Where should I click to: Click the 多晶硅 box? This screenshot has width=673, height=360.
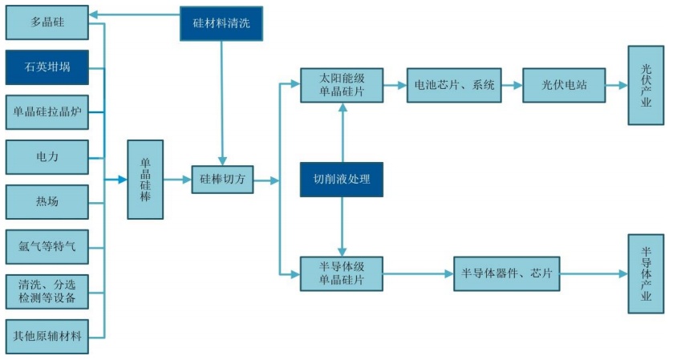coord(47,22)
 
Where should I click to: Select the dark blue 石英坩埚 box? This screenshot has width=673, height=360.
coord(47,67)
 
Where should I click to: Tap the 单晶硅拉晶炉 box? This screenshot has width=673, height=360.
coord(47,111)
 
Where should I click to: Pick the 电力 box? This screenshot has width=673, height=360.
coord(47,156)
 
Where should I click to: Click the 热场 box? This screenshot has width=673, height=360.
coord(47,201)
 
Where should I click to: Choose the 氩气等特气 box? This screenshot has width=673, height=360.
coord(47,246)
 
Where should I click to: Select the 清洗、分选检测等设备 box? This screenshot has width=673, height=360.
coord(47,291)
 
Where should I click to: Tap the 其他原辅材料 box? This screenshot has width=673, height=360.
coord(47,336)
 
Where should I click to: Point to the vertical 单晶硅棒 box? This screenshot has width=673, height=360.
coord(145,179)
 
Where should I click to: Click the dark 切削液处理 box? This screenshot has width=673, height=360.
coord(342,180)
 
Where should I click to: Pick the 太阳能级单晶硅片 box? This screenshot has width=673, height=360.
coord(342,85)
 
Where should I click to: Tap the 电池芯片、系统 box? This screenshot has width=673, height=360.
coord(455,85)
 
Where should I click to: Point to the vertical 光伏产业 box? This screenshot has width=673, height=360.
coord(647,85)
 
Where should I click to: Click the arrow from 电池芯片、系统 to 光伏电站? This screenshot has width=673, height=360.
coord(513,85)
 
